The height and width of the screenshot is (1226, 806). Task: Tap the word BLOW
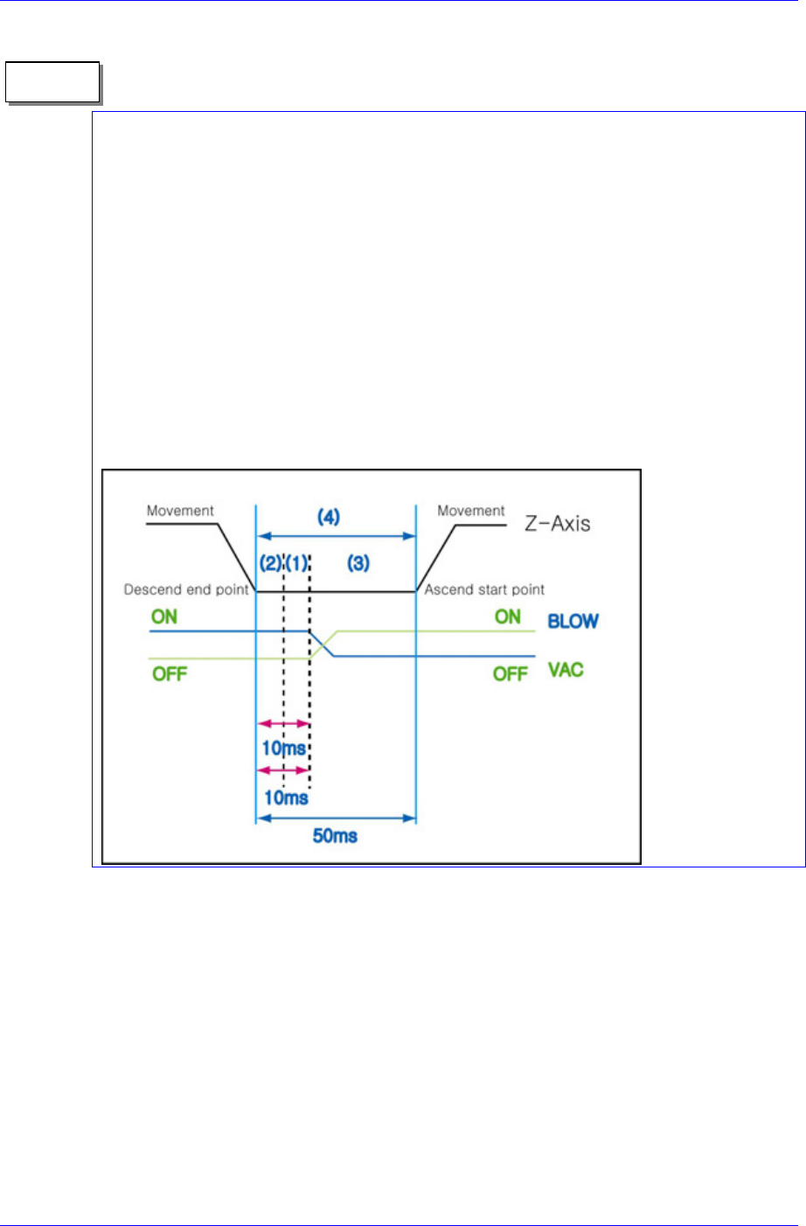coord(573,622)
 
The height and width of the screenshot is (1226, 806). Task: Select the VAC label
coord(566,670)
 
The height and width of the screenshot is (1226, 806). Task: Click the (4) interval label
coord(329,518)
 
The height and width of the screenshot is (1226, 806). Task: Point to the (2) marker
coord(269,563)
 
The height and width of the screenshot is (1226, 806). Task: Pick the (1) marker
coord(296,563)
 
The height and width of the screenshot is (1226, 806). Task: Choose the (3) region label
coord(358,563)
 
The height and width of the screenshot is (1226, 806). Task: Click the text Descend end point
coord(186,589)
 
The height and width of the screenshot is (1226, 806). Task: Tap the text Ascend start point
coord(484,589)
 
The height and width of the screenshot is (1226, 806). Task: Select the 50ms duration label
coord(336,836)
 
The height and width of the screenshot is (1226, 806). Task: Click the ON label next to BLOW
coord(508,616)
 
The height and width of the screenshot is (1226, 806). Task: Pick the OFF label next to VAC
coord(510,674)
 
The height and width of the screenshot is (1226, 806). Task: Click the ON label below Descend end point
coord(164,616)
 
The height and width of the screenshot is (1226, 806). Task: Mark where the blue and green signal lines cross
coord(323,644)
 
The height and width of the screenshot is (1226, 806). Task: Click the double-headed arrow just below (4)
coord(336,536)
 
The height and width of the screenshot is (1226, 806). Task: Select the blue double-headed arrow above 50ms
coord(336,818)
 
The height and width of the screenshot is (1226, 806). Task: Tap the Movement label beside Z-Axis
coord(471,511)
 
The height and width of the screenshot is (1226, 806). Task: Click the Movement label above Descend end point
coord(180,511)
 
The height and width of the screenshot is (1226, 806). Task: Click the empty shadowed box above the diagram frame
coord(52,82)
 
